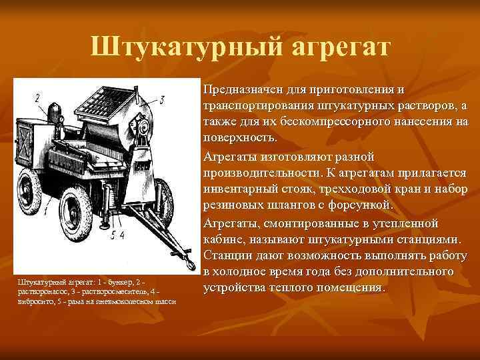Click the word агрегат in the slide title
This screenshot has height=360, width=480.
coord(339,47)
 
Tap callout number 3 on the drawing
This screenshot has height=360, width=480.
coord(162,99)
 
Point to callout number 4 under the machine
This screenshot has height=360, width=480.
coord(122,235)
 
